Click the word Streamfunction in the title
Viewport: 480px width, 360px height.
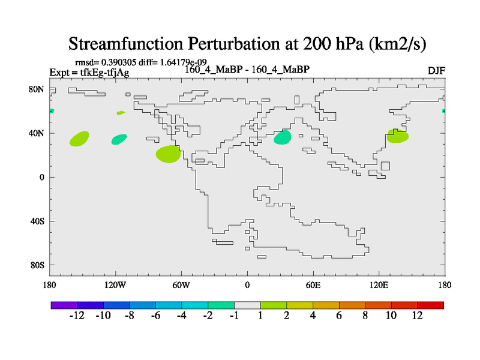[x=125, y=43]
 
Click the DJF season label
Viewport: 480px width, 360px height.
[x=436, y=71]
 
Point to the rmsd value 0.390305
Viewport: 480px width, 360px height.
[x=118, y=62]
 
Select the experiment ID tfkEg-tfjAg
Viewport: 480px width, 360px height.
[x=104, y=73]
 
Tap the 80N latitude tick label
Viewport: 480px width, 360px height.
[x=37, y=89]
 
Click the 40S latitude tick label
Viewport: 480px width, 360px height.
[x=37, y=221]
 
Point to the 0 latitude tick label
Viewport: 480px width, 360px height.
[x=41, y=177]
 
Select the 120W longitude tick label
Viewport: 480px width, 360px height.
[x=115, y=285]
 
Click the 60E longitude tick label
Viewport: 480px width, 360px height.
[x=313, y=285]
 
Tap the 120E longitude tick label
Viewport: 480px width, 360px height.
[x=379, y=285]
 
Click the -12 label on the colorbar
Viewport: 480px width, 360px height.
[x=77, y=316]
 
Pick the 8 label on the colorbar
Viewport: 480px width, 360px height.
[x=365, y=316]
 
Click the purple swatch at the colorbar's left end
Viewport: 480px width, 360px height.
[x=64, y=305]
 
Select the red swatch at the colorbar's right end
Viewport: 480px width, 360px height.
[x=430, y=305]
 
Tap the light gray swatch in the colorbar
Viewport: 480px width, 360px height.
[x=247, y=305]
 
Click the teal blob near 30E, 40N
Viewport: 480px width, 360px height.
[x=282, y=137]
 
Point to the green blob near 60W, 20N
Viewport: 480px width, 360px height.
[x=168, y=154]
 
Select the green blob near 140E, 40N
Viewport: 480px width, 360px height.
[x=397, y=136]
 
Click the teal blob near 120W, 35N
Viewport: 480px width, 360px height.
[x=119, y=139]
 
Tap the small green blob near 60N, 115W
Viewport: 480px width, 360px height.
[x=121, y=113]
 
